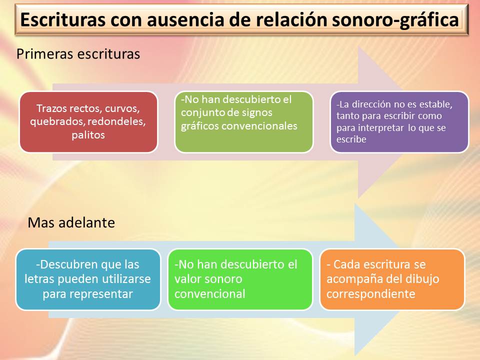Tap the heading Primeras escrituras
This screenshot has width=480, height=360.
(x=78, y=54)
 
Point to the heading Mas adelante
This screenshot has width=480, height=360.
(x=71, y=222)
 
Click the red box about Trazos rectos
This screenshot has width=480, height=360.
(x=88, y=121)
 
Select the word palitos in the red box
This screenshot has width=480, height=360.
(x=88, y=135)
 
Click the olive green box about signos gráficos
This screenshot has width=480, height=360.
(x=243, y=121)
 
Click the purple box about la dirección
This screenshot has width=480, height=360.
(x=399, y=121)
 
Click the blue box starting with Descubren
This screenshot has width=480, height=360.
(x=88, y=279)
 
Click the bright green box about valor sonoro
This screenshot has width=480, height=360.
(x=239, y=279)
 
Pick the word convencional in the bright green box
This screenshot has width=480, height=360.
(x=210, y=293)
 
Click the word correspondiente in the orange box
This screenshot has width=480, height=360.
(x=371, y=293)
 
